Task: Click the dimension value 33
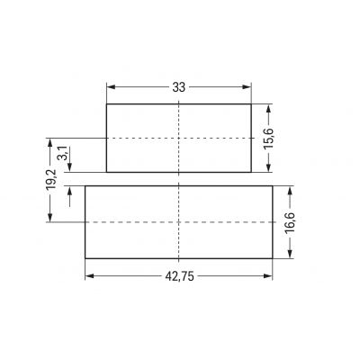[x=179, y=87]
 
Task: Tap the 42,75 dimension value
[x=180, y=276]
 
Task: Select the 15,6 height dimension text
[x=269, y=139]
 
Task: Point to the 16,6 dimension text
[x=290, y=223]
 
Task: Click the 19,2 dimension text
[x=51, y=179]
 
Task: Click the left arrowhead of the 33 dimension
[x=112, y=87]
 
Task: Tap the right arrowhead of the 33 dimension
[x=247, y=87]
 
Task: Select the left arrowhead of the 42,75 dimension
[x=90, y=276]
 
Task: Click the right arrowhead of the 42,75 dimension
[x=268, y=276]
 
